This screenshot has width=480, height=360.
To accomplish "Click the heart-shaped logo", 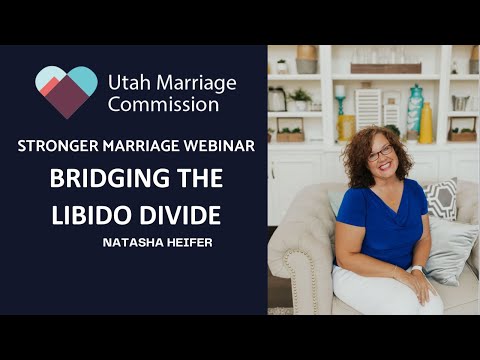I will [66, 90].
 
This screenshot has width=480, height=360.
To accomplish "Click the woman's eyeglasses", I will [381, 154].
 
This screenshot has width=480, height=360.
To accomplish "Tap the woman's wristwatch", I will [414, 267].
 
